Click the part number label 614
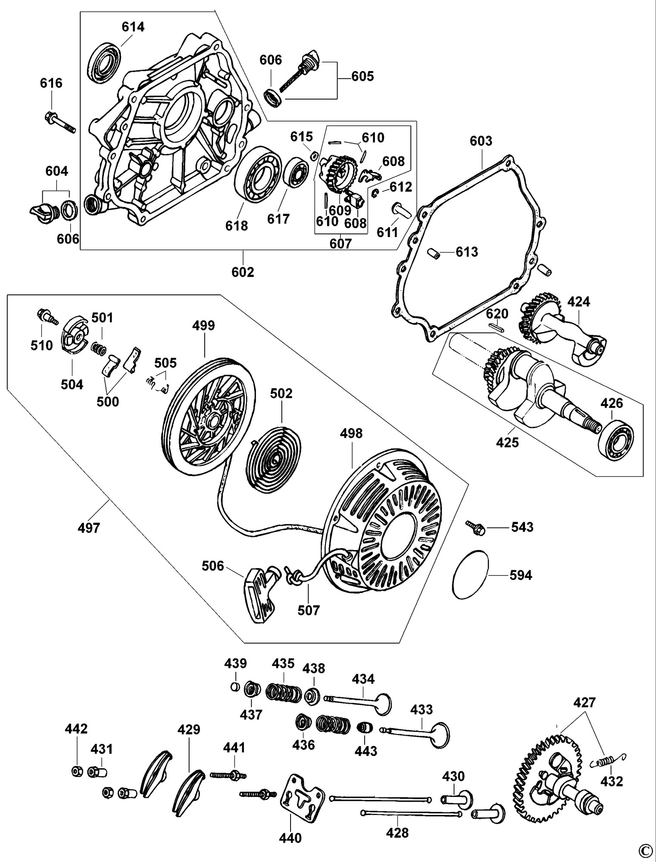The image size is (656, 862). pyautogui.click(x=133, y=27)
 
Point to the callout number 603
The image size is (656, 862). pyautogui.click(x=481, y=141)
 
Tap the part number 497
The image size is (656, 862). pyautogui.click(x=89, y=528)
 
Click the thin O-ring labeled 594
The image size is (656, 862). pyautogui.click(x=472, y=574)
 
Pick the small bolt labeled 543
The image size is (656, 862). pyautogui.click(x=475, y=528)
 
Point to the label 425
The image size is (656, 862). pyautogui.click(x=507, y=442)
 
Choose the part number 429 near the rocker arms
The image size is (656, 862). pyautogui.click(x=189, y=730)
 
